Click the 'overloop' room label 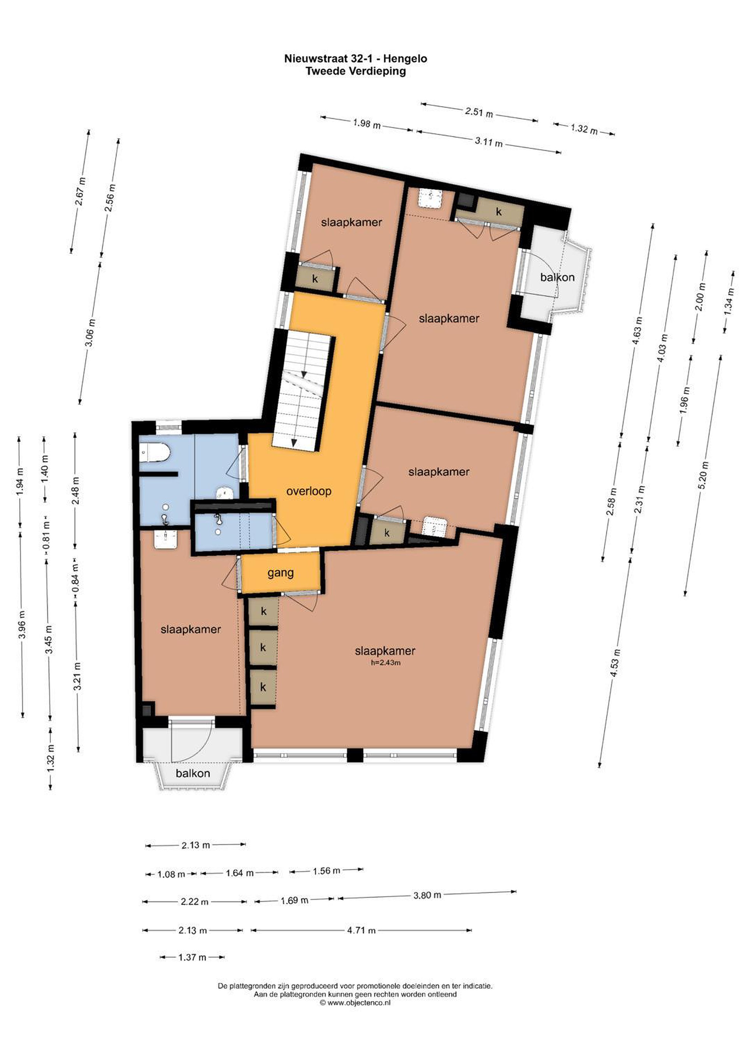click(309, 491)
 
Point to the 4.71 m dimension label click(361, 930)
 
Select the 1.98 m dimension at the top click(367, 124)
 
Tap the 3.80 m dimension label click(427, 895)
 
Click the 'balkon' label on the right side click(557, 277)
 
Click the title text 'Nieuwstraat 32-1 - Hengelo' click(355, 59)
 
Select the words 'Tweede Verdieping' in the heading click(355, 71)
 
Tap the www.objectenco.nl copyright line click(355, 1003)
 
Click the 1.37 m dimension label click(192, 957)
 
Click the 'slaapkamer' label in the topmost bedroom click(352, 222)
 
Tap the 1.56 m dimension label click(326, 871)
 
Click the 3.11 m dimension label click(489, 142)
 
